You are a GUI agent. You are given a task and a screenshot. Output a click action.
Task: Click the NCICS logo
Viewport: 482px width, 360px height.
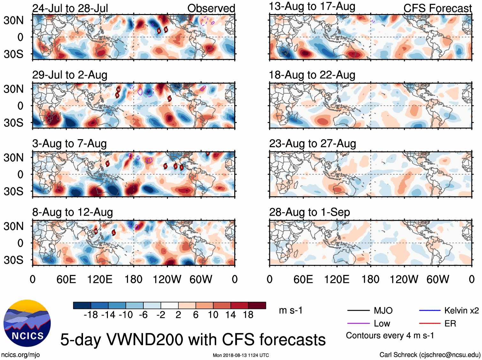pyautogui.click(x=27, y=323)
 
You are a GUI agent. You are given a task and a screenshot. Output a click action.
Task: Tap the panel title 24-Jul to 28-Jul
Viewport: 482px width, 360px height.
pyautogui.click(x=70, y=8)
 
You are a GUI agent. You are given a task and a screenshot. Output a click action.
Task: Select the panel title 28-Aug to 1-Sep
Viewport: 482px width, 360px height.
pyautogui.click(x=309, y=212)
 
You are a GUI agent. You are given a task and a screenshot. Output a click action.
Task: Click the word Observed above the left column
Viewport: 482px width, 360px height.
pyautogui.click(x=211, y=8)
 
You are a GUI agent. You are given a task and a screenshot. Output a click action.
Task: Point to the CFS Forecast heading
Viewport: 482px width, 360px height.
pyautogui.click(x=437, y=8)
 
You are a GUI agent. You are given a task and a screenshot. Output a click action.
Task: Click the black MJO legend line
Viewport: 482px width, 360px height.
pyautogui.click(x=358, y=310)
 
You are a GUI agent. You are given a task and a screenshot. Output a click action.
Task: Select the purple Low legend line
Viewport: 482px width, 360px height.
pyautogui.click(x=358, y=324)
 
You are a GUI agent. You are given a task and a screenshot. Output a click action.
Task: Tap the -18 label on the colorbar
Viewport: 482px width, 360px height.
pyautogui.click(x=91, y=315)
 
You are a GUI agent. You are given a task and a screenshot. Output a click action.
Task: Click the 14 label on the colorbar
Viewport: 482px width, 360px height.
pyautogui.click(x=230, y=315)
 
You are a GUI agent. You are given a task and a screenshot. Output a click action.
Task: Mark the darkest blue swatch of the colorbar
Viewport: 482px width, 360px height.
pyautogui.click(x=82, y=305)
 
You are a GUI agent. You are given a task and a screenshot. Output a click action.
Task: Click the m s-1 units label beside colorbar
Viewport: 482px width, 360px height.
pyautogui.click(x=290, y=310)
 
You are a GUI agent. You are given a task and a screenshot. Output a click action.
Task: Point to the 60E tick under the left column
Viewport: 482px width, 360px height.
pyautogui.click(x=66, y=280)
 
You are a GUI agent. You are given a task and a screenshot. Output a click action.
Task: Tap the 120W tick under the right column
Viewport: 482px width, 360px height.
pyautogui.click(x=404, y=280)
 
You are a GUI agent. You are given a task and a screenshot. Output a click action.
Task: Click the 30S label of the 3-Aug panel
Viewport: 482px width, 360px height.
pyautogui.click(x=13, y=191)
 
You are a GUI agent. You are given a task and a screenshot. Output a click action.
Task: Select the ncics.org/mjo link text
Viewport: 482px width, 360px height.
pyautogui.click(x=20, y=355)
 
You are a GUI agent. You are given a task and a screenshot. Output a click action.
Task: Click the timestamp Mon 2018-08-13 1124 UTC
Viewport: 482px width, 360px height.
pyautogui.click(x=241, y=355)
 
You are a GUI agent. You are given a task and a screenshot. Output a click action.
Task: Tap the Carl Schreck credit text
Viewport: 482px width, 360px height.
pyautogui.click(x=430, y=355)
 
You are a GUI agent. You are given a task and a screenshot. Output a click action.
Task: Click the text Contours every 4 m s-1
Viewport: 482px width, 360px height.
pyautogui.click(x=390, y=336)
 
